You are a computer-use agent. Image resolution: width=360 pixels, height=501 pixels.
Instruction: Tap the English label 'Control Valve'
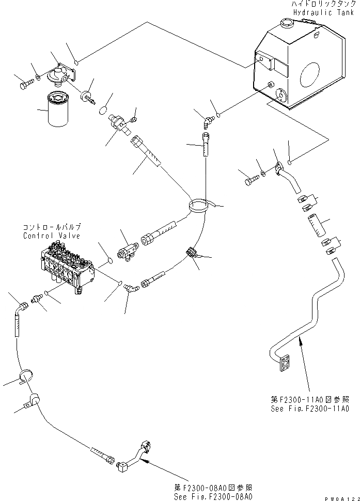[52, 236]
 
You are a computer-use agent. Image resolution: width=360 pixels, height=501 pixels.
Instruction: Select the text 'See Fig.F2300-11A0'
[309, 408]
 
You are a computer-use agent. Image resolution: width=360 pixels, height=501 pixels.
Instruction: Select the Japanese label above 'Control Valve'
[52, 227]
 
